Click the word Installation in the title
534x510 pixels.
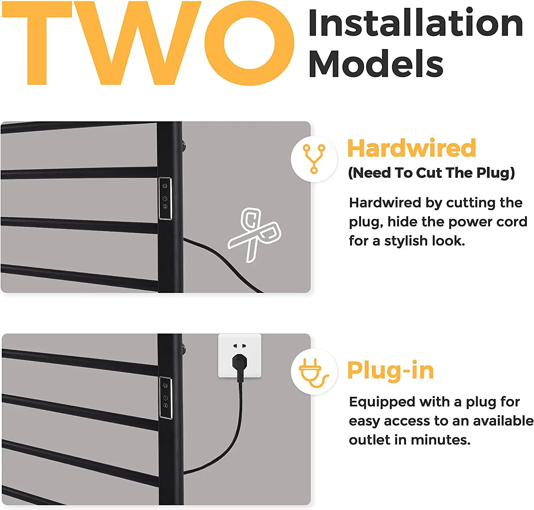click(x=415, y=23)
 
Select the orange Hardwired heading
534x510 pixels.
click(x=411, y=148)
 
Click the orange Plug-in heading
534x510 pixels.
click(x=391, y=370)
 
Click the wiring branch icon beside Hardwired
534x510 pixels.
click(x=314, y=159)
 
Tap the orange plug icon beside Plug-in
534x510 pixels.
click(x=313, y=372)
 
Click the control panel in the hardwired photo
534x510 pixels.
click(x=165, y=198)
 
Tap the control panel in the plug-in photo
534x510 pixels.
click(x=165, y=398)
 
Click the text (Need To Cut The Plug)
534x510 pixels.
click(x=431, y=173)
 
